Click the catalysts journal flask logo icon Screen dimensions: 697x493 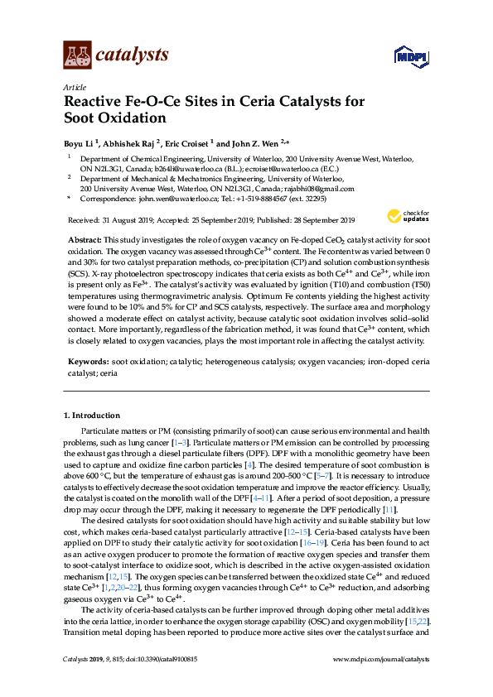77,55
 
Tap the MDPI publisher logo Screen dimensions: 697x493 410,56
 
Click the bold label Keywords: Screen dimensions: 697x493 88,362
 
